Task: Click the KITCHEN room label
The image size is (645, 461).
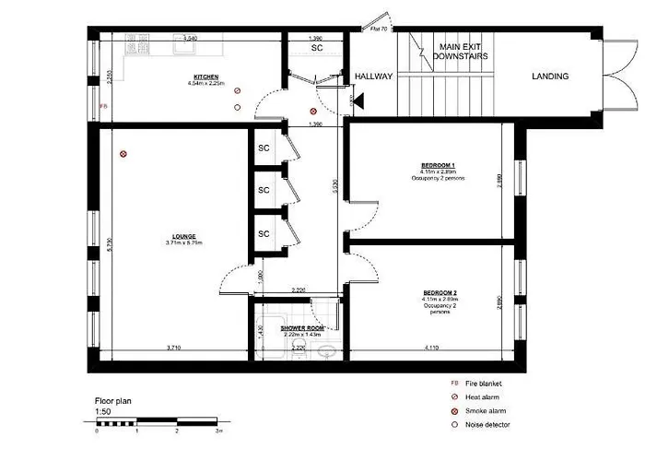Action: [x=205, y=77]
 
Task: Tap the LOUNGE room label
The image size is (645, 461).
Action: [x=183, y=236]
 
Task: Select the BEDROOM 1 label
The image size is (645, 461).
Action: [x=438, y=166]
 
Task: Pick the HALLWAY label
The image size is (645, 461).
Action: [x=374, y=77]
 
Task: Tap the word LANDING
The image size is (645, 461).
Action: [x=550, y=77]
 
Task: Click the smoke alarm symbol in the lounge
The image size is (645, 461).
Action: [x=122, y=155]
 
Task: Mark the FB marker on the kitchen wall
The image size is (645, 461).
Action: [x=103, y=106]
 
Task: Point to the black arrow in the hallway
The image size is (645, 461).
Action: [x=356, y=100]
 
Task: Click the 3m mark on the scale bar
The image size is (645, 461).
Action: [x=217, y=431]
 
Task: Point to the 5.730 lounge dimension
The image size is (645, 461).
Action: [x=108, y=245]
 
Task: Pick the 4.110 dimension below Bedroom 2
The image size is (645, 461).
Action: [x=432, y=348]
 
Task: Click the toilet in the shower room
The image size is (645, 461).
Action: [x=296, y=348]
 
